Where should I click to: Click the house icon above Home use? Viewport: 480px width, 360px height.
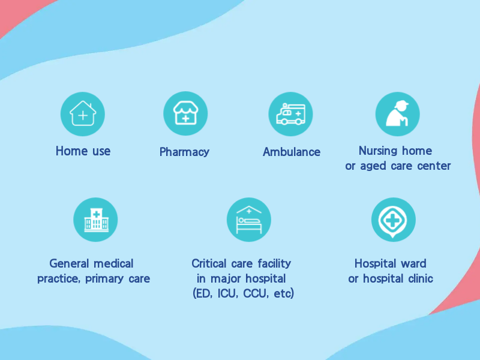[x=83, y=114]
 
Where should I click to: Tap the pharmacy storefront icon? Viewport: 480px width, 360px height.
[x=185, y=113]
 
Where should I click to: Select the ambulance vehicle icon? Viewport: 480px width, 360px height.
[x=290, y=114]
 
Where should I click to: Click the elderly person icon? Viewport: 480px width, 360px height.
[x=397, y=113]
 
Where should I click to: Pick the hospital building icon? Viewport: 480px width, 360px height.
[x=96, y=220]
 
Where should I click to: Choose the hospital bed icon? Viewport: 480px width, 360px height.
[x=249, y=220]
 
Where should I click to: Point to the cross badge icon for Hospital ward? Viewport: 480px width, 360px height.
[x=393, y=220]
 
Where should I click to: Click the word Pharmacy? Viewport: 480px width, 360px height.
[x=184, y=152]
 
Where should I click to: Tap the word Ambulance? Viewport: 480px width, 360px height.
[x=292, y=152]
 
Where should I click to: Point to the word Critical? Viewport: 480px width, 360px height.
[x=209, y=263]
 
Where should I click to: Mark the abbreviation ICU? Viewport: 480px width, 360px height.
[x=227, y=293]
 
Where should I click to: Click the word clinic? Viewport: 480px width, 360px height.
[x=421, y=278]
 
